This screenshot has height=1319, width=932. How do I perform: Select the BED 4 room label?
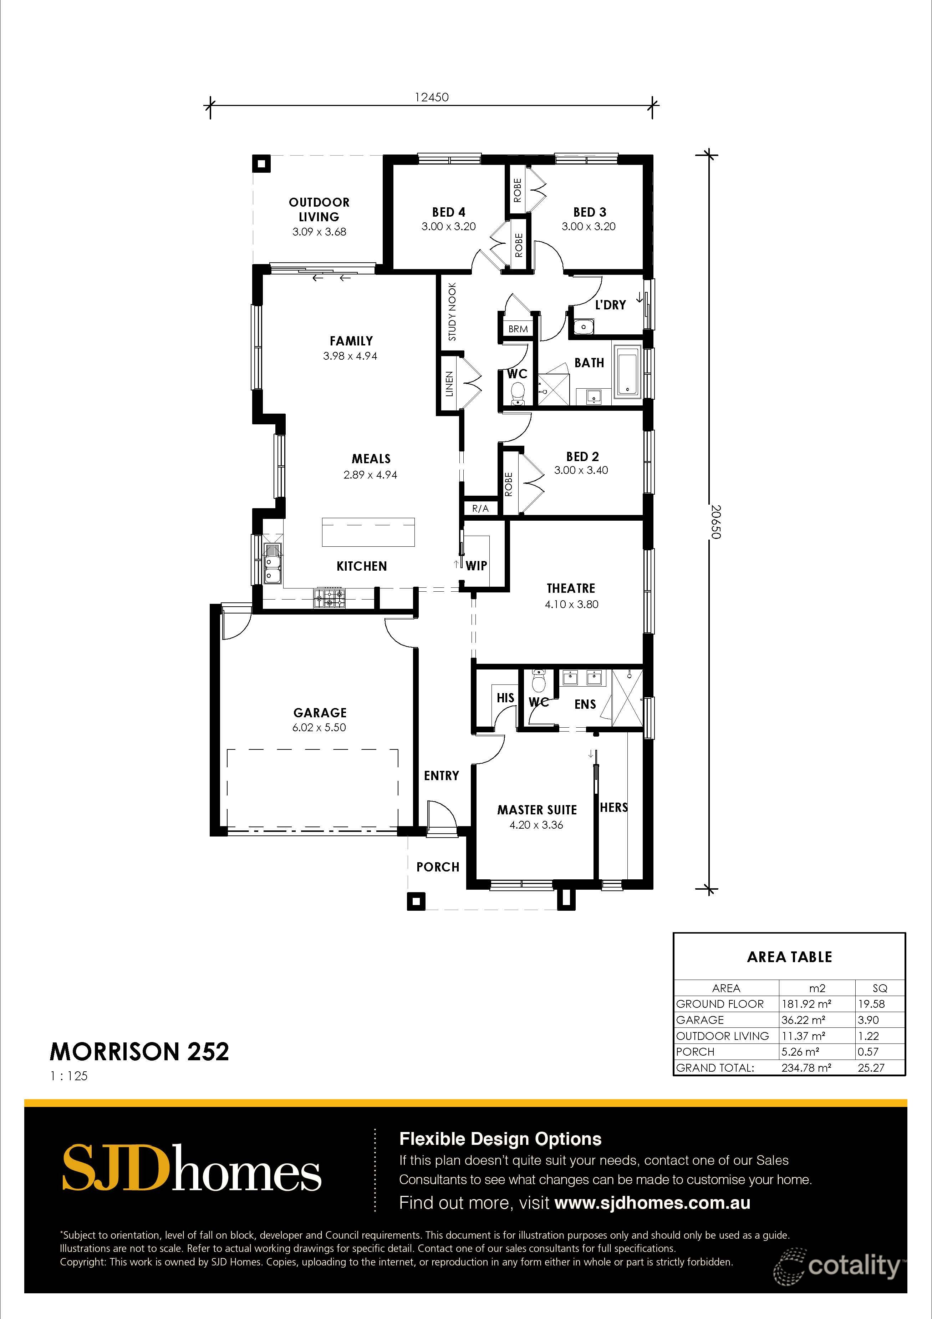(448, 212)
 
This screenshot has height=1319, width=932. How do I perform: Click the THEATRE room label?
(570, 588)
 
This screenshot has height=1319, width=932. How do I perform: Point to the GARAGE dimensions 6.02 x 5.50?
(319, 727)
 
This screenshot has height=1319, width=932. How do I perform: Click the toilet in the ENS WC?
(539, 682)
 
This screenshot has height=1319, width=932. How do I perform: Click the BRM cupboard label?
(518, 329)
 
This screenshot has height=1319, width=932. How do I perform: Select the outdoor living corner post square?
(262, 164)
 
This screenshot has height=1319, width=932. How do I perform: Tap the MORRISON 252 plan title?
(139, 1052)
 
